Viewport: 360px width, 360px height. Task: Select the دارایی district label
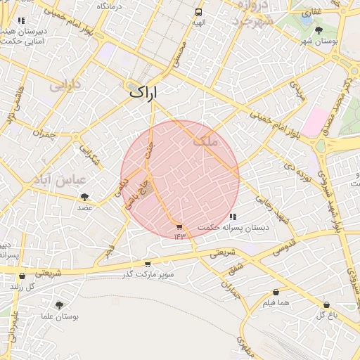(65, 87)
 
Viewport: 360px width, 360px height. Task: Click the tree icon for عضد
(85, 198)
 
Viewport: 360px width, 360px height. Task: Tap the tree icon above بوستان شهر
(319, 30)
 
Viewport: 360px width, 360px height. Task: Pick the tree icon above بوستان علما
(58, 305)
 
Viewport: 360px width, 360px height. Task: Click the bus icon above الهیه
(199, 12)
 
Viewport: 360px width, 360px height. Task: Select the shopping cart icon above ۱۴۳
(179, 226)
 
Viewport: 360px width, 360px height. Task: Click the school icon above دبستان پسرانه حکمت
(233, 217)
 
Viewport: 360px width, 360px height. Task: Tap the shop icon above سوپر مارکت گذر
(147, 264)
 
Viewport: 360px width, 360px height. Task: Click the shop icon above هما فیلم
(275, 292)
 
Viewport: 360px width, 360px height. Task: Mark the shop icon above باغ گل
(326, 304)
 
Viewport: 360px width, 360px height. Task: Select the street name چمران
(44, 133)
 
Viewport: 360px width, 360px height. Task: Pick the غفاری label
(311, 13)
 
